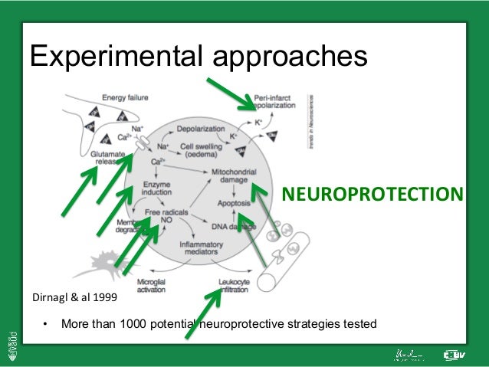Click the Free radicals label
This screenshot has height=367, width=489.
pos(164,211)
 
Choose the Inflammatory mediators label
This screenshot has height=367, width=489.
pos(201,248)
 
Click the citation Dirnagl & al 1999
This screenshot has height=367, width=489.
pos(73,295)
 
